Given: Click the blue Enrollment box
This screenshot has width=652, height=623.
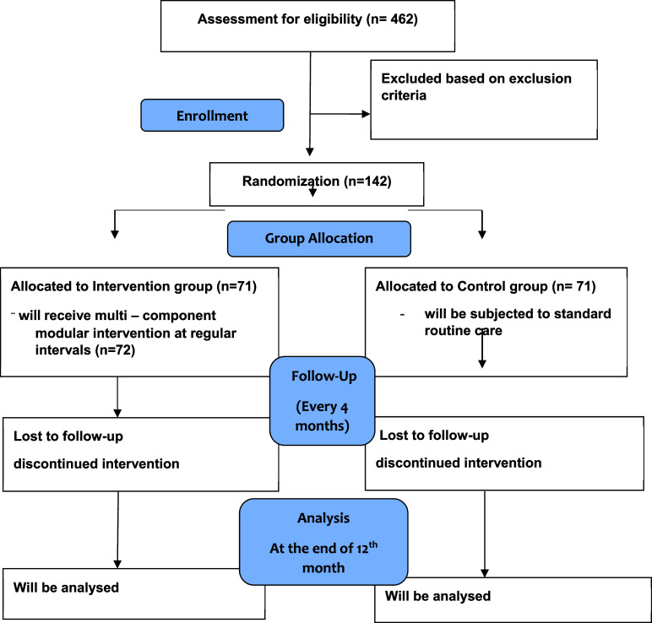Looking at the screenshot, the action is coord(212,115).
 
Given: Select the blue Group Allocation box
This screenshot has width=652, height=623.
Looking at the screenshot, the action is coord(319,239).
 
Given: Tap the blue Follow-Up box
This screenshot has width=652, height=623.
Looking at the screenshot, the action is coord(323,401).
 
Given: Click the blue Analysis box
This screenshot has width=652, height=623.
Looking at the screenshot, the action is coord(323,542).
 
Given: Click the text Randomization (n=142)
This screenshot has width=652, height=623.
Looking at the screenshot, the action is coord(317,181).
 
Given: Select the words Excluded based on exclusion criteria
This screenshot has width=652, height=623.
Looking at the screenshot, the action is coord(476,87).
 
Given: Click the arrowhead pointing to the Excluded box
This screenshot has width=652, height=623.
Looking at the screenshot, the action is coord(366,114).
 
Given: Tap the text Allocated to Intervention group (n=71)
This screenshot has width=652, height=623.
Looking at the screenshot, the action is coord(133,286).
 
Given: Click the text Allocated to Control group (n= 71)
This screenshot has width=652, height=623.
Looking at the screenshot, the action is coord(486,286).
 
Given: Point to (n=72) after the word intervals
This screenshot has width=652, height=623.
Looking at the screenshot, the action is coord(115,350).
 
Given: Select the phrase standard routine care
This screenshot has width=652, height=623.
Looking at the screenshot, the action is coord(518,322).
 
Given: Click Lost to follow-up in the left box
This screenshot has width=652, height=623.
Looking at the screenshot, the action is coord(68,436).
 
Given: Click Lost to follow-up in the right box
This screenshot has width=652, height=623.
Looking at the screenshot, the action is coord(434,436).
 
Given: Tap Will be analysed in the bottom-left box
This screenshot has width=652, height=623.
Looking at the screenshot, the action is coord(66,588).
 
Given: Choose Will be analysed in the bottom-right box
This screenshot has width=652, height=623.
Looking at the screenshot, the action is coord(437,596).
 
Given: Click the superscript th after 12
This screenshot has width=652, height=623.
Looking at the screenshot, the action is coord(373,544).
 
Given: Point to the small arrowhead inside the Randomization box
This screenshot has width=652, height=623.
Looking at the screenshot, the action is coord(312,192).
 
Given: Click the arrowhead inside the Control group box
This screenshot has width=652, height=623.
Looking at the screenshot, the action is coord(482,364).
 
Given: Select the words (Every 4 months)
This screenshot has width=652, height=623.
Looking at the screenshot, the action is coord(323,416).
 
